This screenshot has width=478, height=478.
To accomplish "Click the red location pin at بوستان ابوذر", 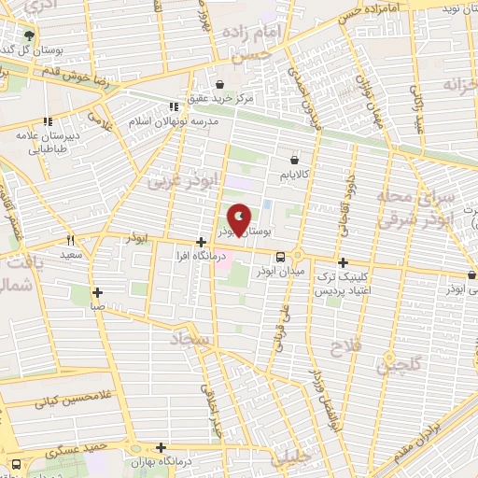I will pos(239,220).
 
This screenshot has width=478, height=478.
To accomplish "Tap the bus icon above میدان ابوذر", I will pos(279,257).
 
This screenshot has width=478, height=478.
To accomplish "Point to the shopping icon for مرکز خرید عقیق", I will pos(219,84).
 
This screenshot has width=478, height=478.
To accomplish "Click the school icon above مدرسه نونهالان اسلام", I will pos(172,106).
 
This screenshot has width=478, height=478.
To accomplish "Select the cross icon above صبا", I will pos(97,291).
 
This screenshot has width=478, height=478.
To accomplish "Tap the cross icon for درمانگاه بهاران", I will pos(162,447).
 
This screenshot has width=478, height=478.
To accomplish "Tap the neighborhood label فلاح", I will pos(339,349).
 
